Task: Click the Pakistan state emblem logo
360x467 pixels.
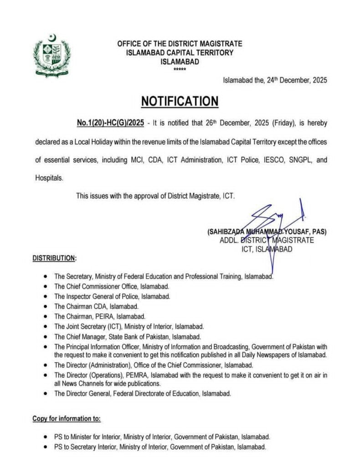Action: click(x=52, y=56)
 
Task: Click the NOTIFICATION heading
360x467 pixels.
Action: click(x=180, y=101)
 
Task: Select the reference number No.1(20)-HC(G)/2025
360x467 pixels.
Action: click(x=104, y=124)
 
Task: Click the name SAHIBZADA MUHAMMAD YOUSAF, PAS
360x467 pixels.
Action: click(x=267, y=232)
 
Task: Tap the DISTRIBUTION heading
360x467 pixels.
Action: click(x=54, y=258)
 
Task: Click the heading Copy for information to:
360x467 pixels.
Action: click(x=67, y=418)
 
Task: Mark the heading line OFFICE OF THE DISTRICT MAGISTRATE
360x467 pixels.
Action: click(x=180, y=44)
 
